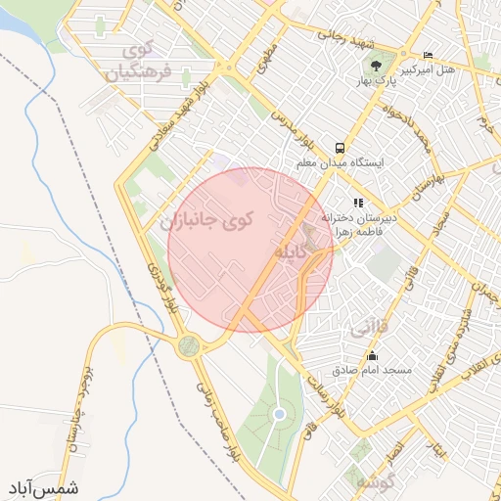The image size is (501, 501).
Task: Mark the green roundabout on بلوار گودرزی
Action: coord(188,345)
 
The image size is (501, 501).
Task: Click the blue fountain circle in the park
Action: coord(279,415)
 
